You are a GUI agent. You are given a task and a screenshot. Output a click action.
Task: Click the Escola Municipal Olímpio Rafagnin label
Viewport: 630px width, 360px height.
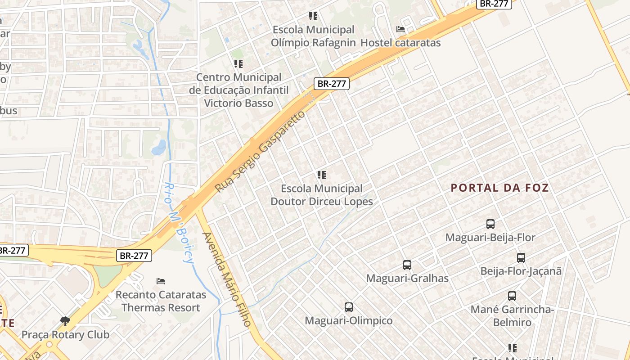tap(314, 36)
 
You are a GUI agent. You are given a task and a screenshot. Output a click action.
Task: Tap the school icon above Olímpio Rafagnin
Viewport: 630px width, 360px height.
tap(313, 17)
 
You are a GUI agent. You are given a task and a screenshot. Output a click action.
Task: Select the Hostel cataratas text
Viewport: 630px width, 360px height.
tap(401, 43)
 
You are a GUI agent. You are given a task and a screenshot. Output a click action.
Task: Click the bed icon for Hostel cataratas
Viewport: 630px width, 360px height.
tap(400, 29)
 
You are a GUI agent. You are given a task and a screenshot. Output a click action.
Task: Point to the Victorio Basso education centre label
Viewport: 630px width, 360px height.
tap(238, 90)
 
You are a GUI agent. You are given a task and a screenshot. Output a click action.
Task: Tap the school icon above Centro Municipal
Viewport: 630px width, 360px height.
tap(238, 64)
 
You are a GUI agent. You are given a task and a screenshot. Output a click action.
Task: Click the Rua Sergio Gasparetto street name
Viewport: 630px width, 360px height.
tap(260, 151)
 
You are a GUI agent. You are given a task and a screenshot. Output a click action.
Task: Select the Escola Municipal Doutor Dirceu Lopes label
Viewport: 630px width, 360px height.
tap(321, 195)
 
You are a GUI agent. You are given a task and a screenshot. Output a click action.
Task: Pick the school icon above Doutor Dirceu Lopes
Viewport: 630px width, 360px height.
tap(321, 175)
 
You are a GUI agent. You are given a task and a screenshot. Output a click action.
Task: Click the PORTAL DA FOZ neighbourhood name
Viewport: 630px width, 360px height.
tap(500, 188)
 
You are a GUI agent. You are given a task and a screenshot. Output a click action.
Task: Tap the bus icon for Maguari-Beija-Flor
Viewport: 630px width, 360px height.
tap(490, 224)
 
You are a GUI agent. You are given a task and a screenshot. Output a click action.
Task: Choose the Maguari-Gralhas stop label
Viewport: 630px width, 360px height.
tap(407, 278)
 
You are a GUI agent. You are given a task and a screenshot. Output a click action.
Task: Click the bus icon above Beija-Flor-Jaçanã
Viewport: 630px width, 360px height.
tap(521, 258)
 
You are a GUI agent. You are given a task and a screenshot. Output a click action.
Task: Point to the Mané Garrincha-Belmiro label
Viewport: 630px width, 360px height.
tap(512, 316)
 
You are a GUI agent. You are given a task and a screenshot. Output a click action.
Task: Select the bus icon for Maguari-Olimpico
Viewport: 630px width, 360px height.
tap(349, 307)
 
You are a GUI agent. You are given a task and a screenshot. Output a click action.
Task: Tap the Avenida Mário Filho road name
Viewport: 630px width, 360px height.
tap(226, 279)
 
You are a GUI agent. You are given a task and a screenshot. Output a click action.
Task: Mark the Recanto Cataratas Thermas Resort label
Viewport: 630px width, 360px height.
tap(161, 301)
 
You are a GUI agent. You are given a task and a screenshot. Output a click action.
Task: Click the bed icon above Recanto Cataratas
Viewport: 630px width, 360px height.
tap(161, 281)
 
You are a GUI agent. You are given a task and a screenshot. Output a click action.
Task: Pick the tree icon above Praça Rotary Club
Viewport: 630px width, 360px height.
tap(65, 321)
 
